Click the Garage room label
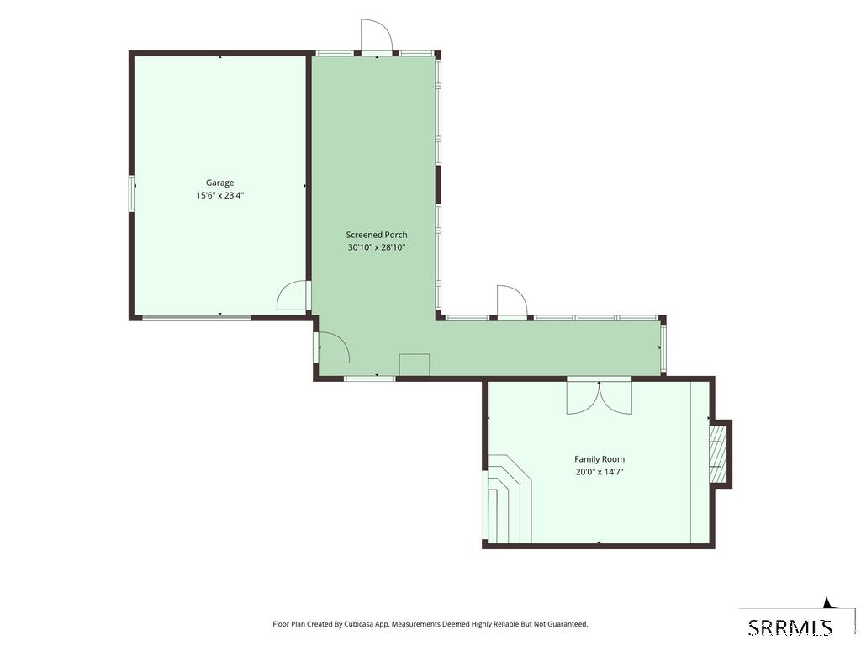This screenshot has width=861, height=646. pyautogui.click(x=219, y=183)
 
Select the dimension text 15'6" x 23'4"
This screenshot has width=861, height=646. pyautogui.click(x=219, y=195)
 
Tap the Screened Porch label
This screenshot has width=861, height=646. pyautogui.click(x=377, y=235)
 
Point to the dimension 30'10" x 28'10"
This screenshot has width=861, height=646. pyautogui.click(x=377, y=247)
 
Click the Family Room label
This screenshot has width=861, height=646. pyautogui.click(x=600, y=459)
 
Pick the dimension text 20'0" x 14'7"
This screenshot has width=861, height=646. pyautogui.click(x=600, y=472)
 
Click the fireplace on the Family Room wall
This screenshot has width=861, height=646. pyautogui.click(x=720, y=453)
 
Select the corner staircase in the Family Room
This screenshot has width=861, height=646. pyautogui.click(x=507, y=498)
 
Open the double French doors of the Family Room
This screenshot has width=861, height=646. pyautogui.click(x=599, y=395)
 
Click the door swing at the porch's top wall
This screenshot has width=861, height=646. pyautogui.click(x=376, y=36)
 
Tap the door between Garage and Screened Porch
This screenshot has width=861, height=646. pyautogui.click(x=293, y=295)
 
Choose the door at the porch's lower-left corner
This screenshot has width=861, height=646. pyautogui.click(x=333, y=347)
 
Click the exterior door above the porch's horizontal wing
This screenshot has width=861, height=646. pyautogui.click(x=512, y=302)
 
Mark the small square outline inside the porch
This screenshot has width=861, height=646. pyautogui.click(x=414, y=365)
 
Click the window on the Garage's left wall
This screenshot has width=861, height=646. pyautogui.click(x=131, y=193)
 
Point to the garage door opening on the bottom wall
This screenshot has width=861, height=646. pyautogui.click(x=197, y=317)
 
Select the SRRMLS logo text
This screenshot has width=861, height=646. pyautogui.click(x=790, y=627)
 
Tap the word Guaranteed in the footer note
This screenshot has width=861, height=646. pyautogui.click(x=568, y=624)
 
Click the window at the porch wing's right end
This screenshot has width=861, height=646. pyautogui.click(x=663, y=347)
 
